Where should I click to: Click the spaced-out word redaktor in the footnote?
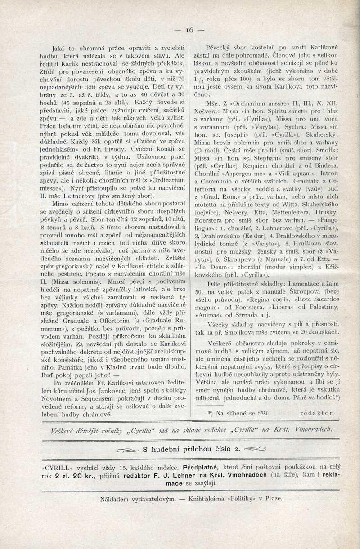tap(317, 412)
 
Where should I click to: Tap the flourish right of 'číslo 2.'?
tap(254, 448)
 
